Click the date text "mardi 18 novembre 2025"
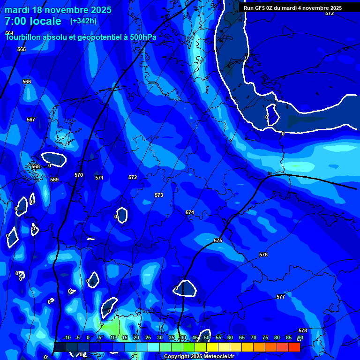58,10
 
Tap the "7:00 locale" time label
33,21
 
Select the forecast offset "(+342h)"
83,21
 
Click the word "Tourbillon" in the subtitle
23,37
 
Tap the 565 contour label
22,49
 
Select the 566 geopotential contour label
27,82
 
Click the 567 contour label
31,120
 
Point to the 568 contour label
36,166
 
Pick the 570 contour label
79,175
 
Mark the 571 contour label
99,178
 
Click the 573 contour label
159,195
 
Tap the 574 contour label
189,212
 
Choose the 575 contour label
218,240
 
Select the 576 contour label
263,255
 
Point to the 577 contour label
281,297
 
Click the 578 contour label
302,330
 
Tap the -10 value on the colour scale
67,337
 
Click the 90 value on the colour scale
300,337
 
